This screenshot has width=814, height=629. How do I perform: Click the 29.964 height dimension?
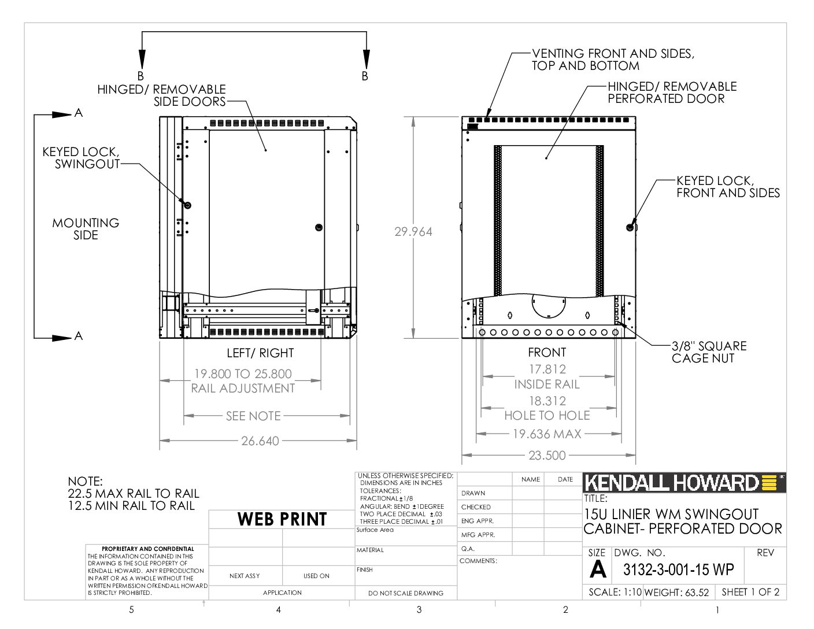413,232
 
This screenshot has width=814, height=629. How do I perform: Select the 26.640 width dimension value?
260,441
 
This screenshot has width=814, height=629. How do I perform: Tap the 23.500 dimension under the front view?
547,455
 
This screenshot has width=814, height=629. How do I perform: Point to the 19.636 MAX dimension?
547,434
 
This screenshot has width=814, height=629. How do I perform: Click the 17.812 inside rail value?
547,369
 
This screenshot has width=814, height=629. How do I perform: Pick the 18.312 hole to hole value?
547,401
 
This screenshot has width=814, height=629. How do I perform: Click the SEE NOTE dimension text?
253,416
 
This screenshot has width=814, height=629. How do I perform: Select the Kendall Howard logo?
684,483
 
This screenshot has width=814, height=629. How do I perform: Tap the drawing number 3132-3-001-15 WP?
678,570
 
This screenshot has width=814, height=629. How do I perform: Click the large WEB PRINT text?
282,519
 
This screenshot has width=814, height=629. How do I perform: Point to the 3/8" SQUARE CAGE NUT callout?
709,352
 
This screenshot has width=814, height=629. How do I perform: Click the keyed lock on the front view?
630,227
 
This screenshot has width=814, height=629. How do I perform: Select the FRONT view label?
547,353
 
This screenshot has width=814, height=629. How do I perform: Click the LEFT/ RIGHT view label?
260,353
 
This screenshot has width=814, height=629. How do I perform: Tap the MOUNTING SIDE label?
86,229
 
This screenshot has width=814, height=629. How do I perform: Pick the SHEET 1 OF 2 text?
750,592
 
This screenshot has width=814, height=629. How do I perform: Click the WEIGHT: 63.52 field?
676,592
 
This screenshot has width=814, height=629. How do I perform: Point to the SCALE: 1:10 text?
615,592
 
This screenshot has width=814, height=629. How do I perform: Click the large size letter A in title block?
598,569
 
